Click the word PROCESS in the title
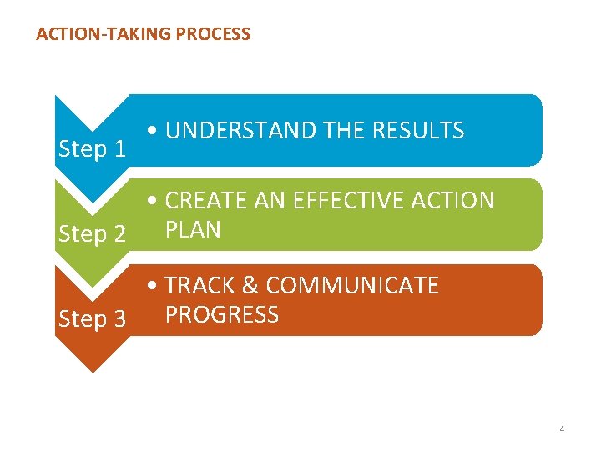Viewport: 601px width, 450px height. [x=211, y=34]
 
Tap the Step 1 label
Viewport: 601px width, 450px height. [x=93, y=150]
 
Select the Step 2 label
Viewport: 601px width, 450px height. [x=93, y=234]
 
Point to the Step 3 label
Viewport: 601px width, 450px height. [x=93, y=318]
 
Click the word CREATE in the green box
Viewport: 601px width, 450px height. [x=205, y=201]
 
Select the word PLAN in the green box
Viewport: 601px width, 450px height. [x=194, y=229]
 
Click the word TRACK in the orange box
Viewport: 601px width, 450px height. [x=199, y=286]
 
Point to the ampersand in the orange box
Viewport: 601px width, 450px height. [x=250, y=286]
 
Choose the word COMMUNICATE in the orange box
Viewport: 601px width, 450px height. [x=353, y=286]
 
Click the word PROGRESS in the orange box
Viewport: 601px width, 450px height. [x=222, y=314]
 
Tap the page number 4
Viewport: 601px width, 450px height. [x=562, y=430]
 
